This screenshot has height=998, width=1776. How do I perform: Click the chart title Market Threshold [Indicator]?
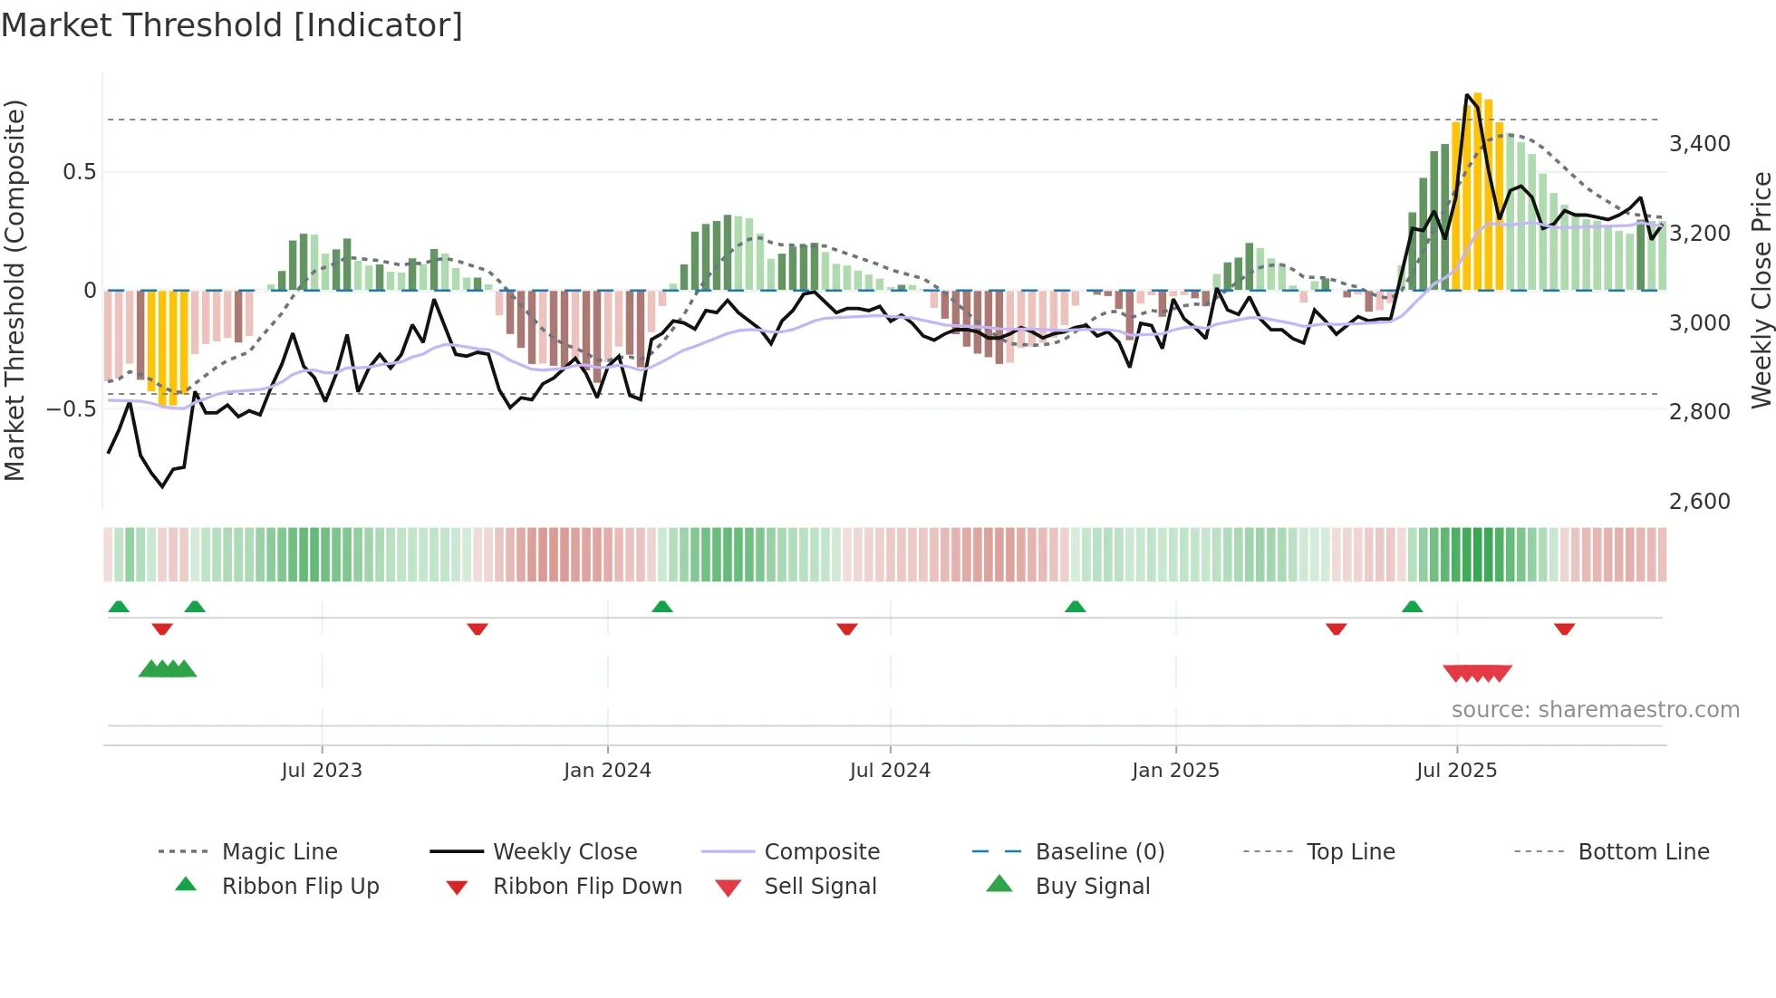point(232,25)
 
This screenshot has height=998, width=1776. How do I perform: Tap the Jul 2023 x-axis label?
point(321,771)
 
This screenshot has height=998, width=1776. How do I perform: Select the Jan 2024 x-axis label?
point(607,771)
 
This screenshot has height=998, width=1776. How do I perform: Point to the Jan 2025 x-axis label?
point(1175,771)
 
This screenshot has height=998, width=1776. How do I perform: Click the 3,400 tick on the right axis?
point(1699,144)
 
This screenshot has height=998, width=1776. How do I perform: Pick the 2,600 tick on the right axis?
point(1699,502)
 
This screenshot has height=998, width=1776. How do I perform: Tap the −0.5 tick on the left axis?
point(71,409)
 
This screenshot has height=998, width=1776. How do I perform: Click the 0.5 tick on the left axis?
point(79,172)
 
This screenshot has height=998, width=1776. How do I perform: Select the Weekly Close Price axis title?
point(1761,290)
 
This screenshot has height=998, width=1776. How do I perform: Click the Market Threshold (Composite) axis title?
point(14,290)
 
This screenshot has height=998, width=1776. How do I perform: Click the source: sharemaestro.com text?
point(1595,710)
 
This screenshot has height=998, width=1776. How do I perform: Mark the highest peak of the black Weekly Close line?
point(1467,95)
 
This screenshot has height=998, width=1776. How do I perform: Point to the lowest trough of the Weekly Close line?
point(163,487)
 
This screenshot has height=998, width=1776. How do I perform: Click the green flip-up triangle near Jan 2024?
point(662,607)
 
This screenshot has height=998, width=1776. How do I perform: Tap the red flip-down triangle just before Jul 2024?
point(847,629)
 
